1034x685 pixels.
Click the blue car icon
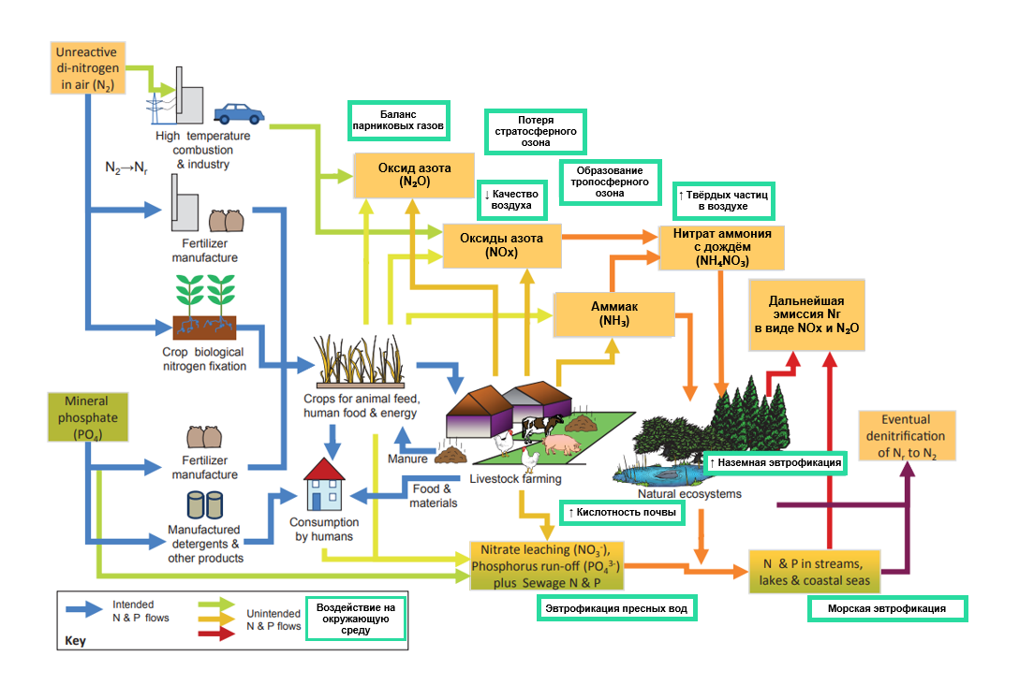click(239, 113)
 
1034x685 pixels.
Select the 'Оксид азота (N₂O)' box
click(414, 175)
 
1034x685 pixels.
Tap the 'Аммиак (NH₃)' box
click(614, 313)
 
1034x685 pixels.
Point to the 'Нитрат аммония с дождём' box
click(721, 247)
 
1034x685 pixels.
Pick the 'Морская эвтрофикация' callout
click(886, 608)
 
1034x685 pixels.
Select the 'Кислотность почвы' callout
click(620, 513)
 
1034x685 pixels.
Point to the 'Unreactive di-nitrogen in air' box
click(86, 68)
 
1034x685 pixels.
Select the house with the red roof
click(327, 483)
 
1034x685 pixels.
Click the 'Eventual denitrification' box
click(905, 436)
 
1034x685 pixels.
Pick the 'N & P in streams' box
click(815, 571)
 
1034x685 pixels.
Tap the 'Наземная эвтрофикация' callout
click(775, 462)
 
